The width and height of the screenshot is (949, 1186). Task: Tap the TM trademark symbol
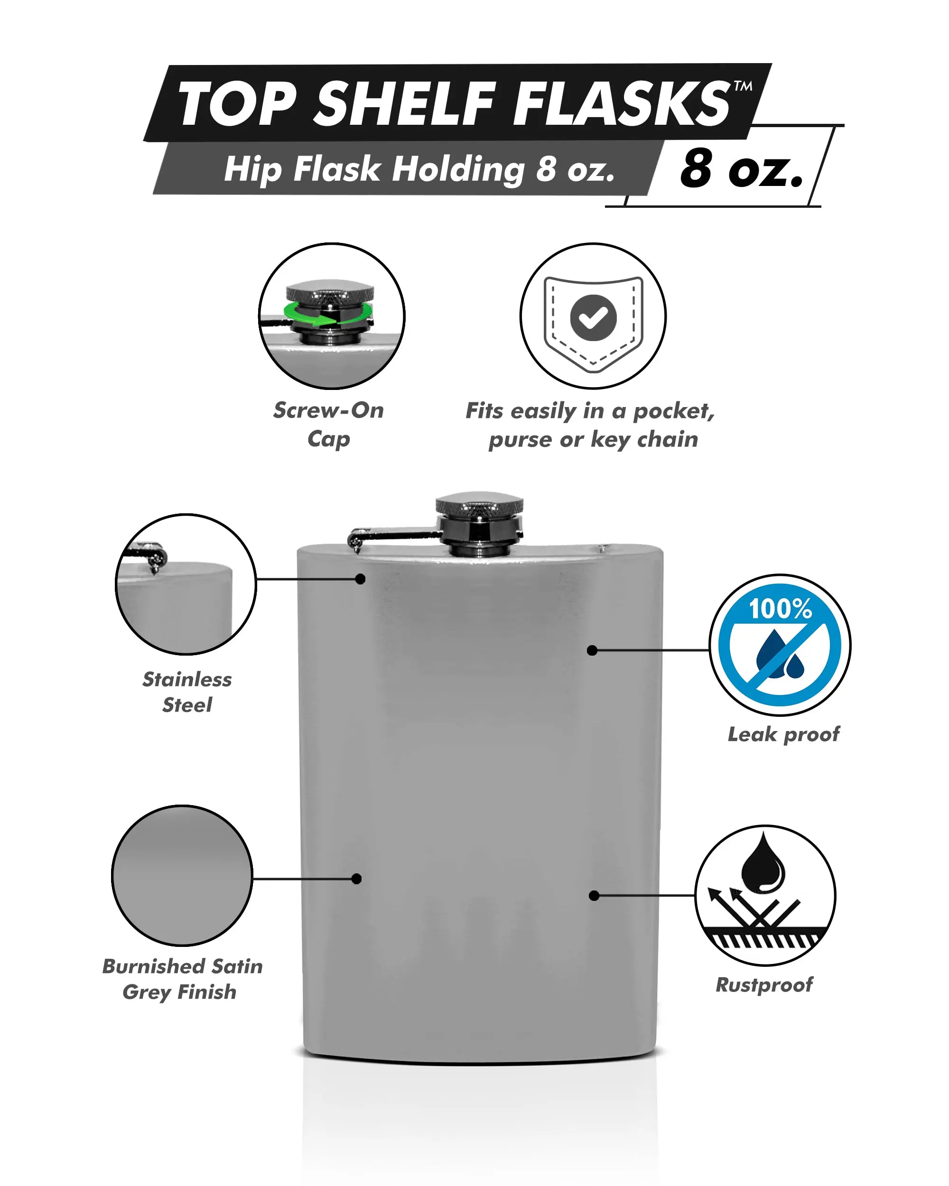pyautogui.click(x=743, y=86)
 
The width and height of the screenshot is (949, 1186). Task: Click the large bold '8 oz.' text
pyautogui.click(x=741, y=168)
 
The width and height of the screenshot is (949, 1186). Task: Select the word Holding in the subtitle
pyautogui.click(x=459, y=170)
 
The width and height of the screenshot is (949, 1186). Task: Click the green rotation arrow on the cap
pyautogui.click(x=328, y=314)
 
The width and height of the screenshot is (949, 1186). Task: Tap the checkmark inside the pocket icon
pyautogui.click(x=593, y=317)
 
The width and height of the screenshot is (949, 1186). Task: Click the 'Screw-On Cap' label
pyautogui.click(x=328, y=425)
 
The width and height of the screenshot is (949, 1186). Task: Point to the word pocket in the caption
pyautogui.click(x=674, y=411)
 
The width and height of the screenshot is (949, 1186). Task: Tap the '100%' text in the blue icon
pyautogui.click(x=780, y=608)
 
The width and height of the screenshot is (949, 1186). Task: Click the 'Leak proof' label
pyautogui.click(x=783, y=734)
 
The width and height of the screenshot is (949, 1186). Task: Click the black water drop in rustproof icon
pyautogui.click(x=763, y=864)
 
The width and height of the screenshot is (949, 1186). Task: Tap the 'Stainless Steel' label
pyautogui.click(x=187, y=692)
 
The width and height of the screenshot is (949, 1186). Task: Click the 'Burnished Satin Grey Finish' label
pyautogui.click(x=182, y=979)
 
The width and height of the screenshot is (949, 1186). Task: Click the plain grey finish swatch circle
pyautogui.click(x=182, y=875)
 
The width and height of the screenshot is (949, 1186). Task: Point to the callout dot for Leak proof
pyautogui.click(x=592, y=651)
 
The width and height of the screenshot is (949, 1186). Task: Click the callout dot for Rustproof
pyautogui.click(x=594, y=896)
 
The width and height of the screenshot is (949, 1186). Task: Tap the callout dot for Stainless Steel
pyautogui.click(x=360, y=579)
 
